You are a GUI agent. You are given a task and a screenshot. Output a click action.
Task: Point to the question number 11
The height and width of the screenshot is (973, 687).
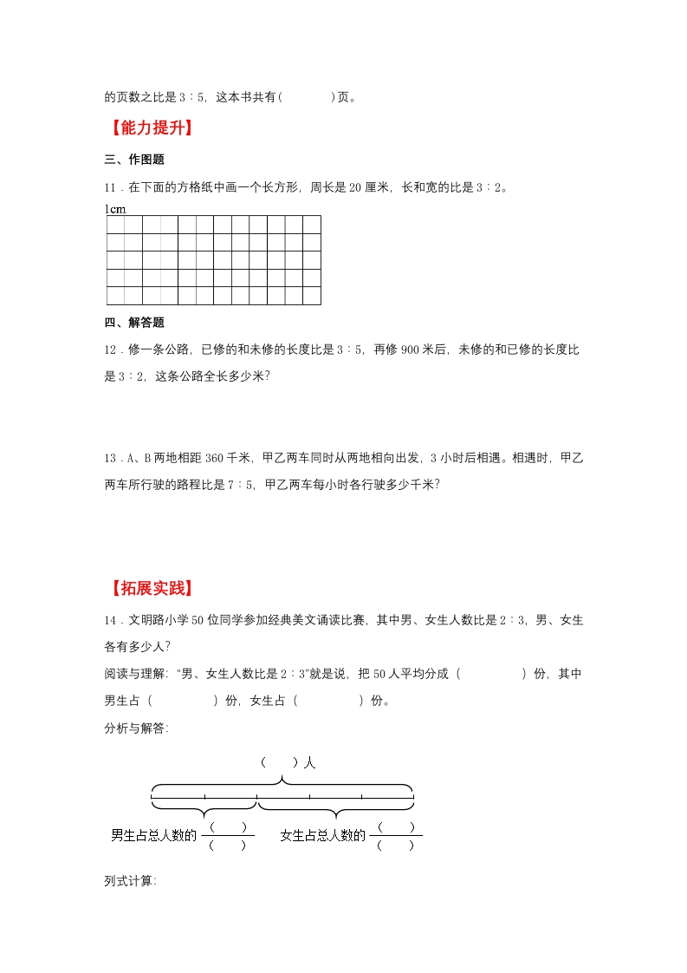[x=110, y=186]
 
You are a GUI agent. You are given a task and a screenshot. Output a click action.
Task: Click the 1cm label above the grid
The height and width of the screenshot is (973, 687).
[x=115, y=209]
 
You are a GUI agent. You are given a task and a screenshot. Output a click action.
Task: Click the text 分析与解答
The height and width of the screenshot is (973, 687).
[x=135, y=728]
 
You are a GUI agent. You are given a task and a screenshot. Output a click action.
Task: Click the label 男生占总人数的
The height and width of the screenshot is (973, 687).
[x=154, y=835]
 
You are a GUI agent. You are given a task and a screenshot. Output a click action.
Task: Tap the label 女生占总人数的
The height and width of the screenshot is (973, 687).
[x=323, y=835]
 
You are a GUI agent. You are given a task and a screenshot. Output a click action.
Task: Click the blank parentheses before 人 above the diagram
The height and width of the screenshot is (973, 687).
[x=279, y=763]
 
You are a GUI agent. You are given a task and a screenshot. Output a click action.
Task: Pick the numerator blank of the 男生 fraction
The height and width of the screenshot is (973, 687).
[x=228, y=826]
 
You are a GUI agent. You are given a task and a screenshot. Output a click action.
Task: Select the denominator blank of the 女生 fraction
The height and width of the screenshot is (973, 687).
[x=396, y=846]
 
